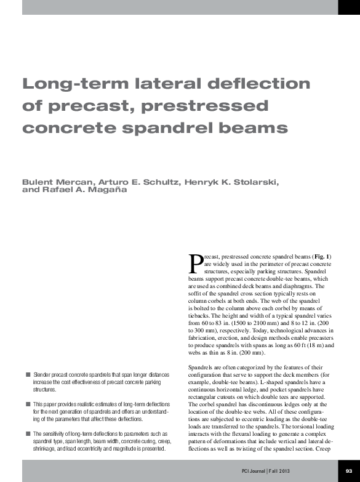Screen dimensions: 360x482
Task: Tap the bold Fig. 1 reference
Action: point(322,255)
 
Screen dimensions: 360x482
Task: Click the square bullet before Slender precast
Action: point(28,374)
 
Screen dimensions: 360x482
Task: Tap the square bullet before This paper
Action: point(28,404)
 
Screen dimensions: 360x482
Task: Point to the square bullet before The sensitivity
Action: point(28,433)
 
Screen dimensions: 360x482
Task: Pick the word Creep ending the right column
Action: point(325,449)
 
